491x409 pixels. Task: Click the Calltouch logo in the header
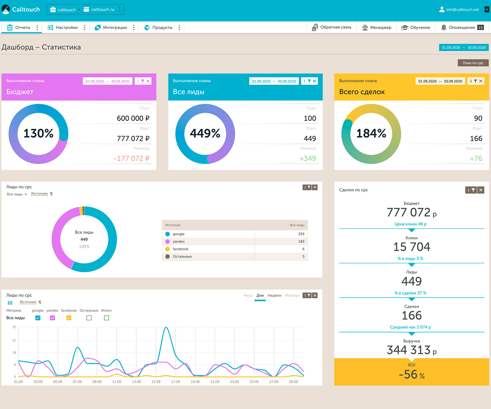click(x=20, y=9)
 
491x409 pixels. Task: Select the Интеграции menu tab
click(x=115, y=28)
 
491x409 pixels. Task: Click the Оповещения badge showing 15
click(x=481, y=28)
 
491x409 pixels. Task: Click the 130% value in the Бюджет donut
click(x=39, y=133)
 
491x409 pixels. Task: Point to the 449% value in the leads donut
click(x=205, y=133)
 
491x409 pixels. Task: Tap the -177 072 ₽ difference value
click(x=131, y=158)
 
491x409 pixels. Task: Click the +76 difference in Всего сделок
click(x=476, y=158)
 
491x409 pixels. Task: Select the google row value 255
click(x=301, y=234)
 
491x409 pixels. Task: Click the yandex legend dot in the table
click(x=168, y=242)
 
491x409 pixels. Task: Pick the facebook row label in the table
click(x=180, y=249)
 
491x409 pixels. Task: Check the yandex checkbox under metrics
click(x=52, y=318)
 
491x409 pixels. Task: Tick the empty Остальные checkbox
click(x=89, y=318)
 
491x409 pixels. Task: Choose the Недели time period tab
click(x=274, y=296)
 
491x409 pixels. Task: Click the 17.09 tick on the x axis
click(x=175, y=382)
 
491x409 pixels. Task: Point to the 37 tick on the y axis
click(x=14, y=327)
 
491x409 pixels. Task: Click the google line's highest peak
click(x=166, y=327)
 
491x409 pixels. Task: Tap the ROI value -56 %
click(x=411, y=374)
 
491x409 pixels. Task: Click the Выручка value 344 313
click(x=409, y=350)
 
